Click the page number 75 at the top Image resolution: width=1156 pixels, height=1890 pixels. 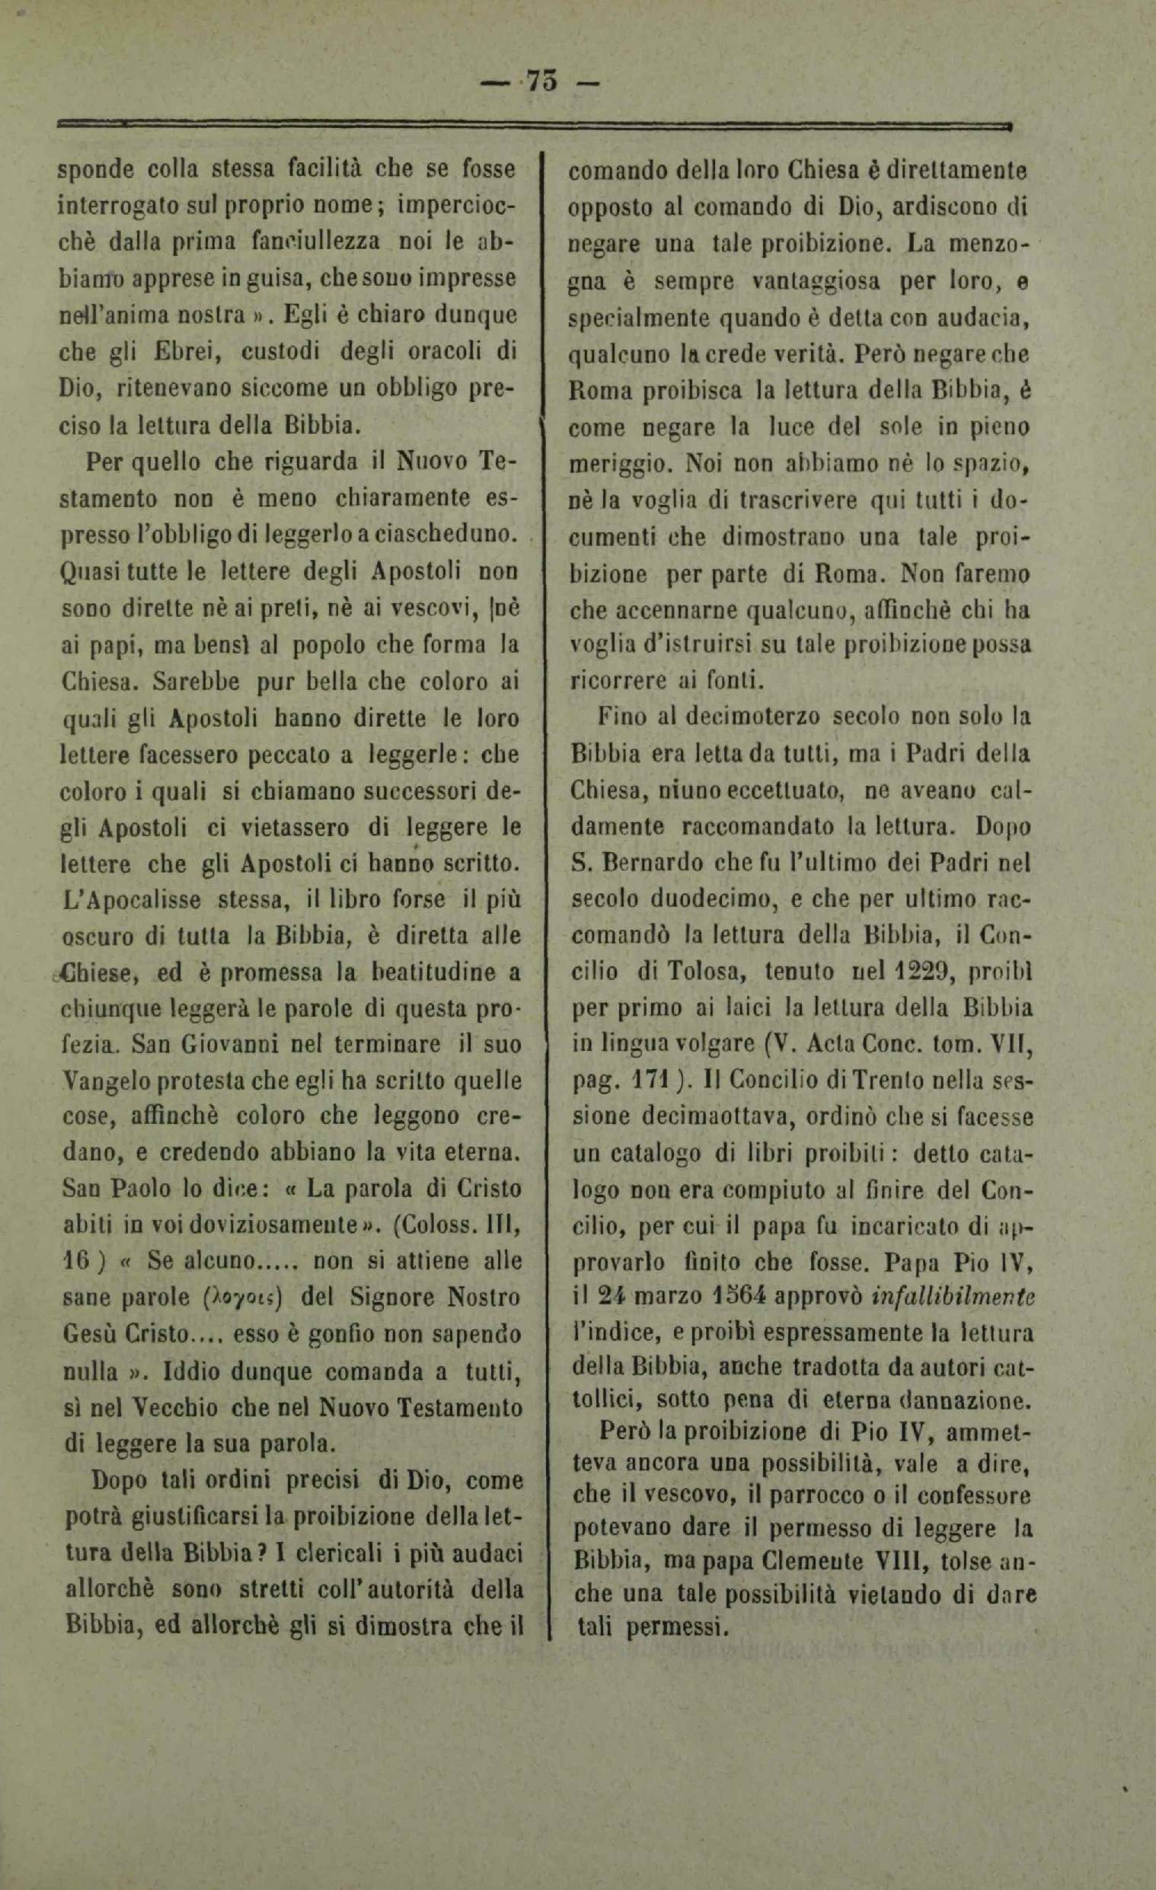pos(542,81)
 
